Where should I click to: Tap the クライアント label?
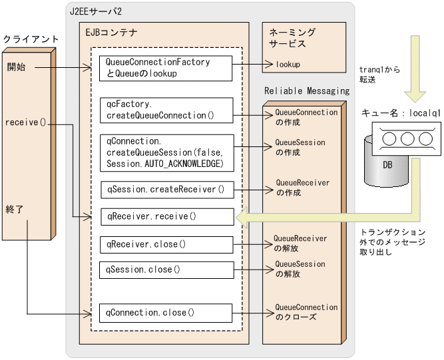[31, 39]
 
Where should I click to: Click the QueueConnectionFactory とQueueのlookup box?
[166, 68]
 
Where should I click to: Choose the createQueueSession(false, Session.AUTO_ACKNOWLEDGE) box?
[166, 152]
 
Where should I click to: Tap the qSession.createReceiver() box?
[166, 190]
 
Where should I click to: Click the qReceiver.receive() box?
[166, 217]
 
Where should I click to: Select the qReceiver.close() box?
[166, 244]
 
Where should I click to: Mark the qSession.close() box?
[166, 270]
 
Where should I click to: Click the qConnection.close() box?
[166, 311]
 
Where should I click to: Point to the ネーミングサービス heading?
[292, 37]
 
